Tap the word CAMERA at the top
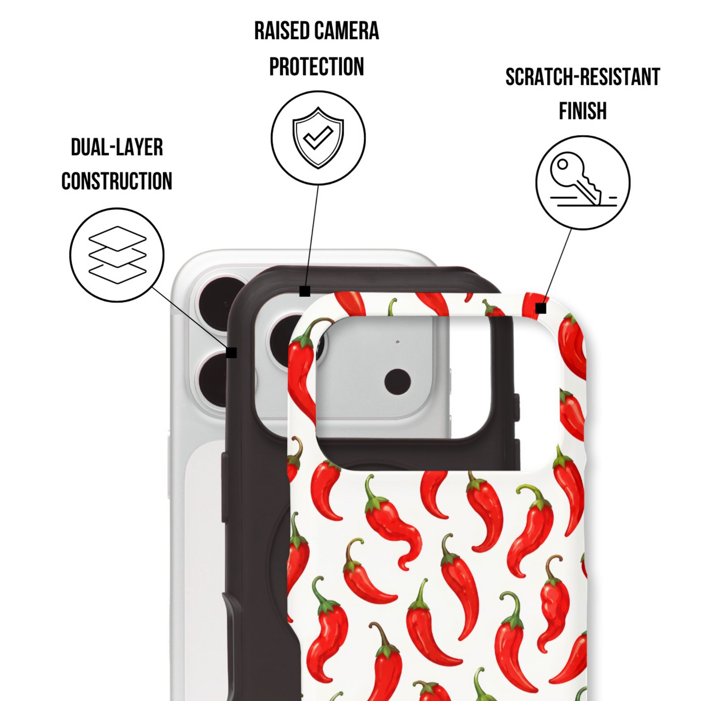(347, 31)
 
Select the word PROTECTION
(316, 66)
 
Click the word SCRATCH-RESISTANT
(583, 77)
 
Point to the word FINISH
(583, 111)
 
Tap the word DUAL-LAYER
(117, 147)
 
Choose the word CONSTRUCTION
(117, 181)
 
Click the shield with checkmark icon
(318, 138)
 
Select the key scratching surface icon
(583, 182)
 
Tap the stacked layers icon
(117, 255)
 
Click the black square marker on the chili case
(541, 309)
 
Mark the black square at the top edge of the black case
(305, 292)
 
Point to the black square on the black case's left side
(231, 353)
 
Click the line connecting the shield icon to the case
(312, 236)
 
